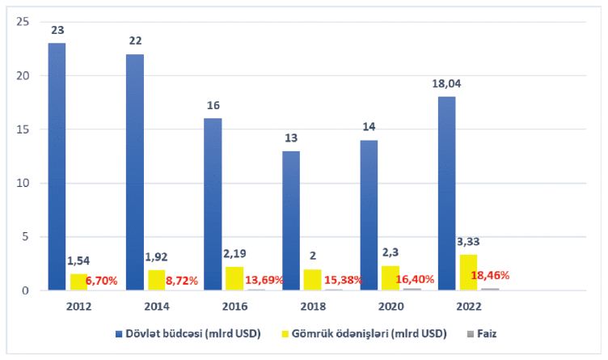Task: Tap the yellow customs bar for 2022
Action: pos(469,272)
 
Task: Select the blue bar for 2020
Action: pos(369,214)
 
